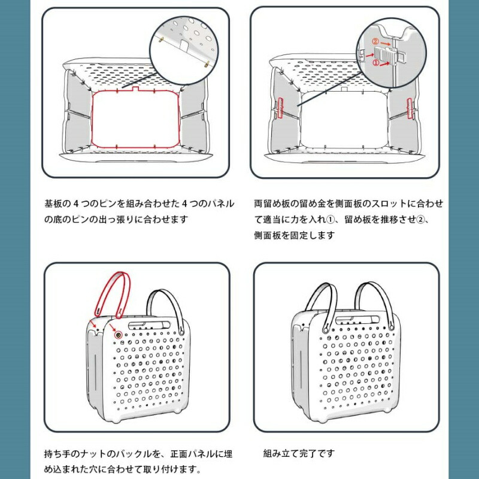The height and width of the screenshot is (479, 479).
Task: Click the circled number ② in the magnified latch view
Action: tap(375, 41)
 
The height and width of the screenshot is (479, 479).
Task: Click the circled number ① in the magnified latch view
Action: tap(375, 63)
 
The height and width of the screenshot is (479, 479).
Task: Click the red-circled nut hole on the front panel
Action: tap(119, 335)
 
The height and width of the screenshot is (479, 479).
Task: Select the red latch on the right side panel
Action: tap(410, 108)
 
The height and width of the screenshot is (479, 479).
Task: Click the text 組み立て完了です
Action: tap(299, 453)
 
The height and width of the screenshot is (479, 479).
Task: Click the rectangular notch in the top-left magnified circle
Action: tap(184, 46)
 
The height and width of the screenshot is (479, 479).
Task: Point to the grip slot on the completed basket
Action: tap(357, 320)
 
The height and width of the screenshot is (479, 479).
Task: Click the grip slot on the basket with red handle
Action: tap(150, 325)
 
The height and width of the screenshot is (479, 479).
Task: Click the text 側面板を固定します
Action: tap(295, 235)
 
